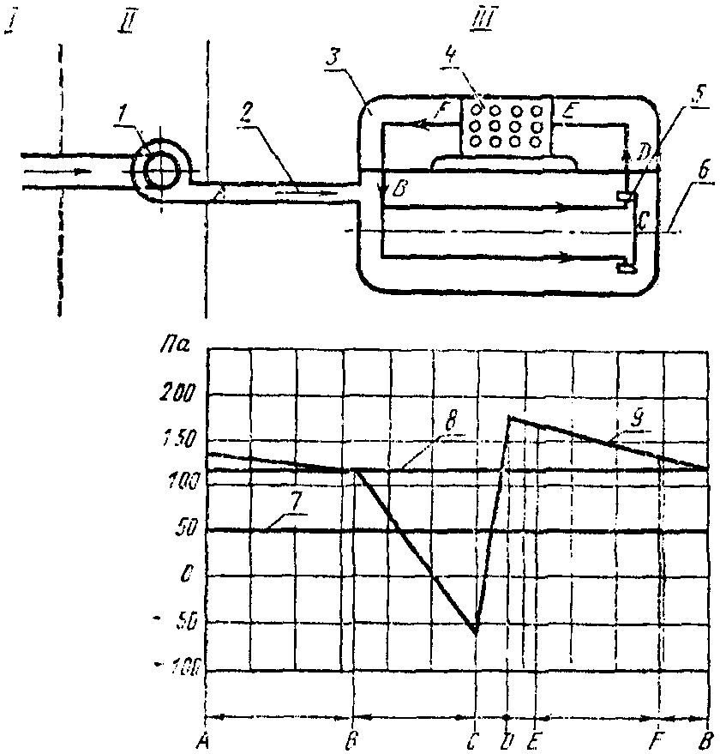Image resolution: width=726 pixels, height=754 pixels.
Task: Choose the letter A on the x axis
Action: coord(203,737)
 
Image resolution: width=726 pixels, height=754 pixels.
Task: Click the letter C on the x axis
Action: coord(474,737)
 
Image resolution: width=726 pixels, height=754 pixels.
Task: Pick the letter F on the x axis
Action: coord(657,737)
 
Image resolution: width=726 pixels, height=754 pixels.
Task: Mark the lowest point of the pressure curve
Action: coord(476,633)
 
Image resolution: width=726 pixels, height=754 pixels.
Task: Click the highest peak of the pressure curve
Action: coord(509,418)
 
